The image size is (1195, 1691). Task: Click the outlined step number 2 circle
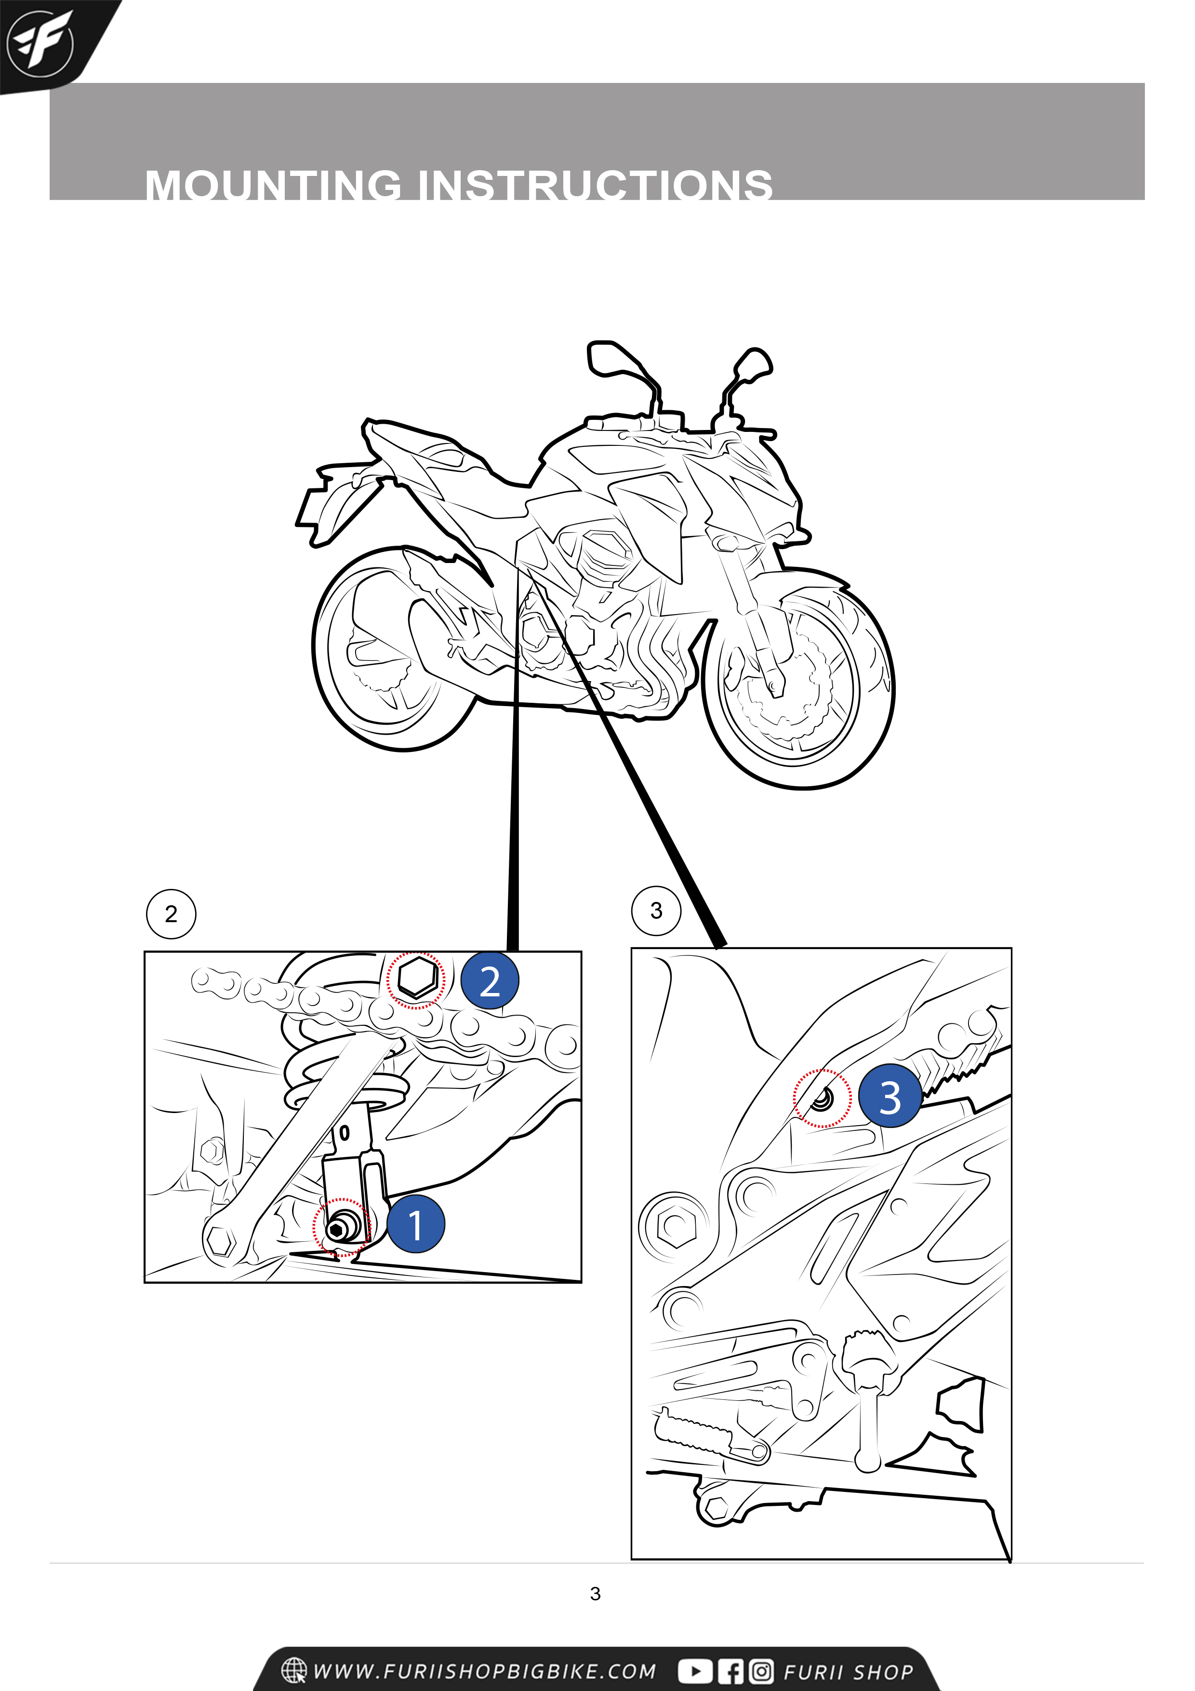pyautogui.click(x=171, y=914)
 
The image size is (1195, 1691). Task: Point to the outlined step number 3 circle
pyautogui.click(x=656, y=911)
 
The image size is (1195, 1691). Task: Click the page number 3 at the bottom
pyautogui.click(x=595, y=1594)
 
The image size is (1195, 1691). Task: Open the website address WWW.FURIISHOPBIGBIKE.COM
pyautogui.click(x=484, y=1671)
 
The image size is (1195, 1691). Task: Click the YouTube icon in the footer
pyautogui.click(x=695, y=1671)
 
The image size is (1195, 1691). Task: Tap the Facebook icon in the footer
pyautogui.click(x=730, y=1671)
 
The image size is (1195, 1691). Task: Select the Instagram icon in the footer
pyautogui.click(x=761, y=1671)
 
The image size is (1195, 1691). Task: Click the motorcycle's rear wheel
pyautogui.click(x=394, y=649)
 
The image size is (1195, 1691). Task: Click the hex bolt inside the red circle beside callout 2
pyautogui.click(x=417, y=979)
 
